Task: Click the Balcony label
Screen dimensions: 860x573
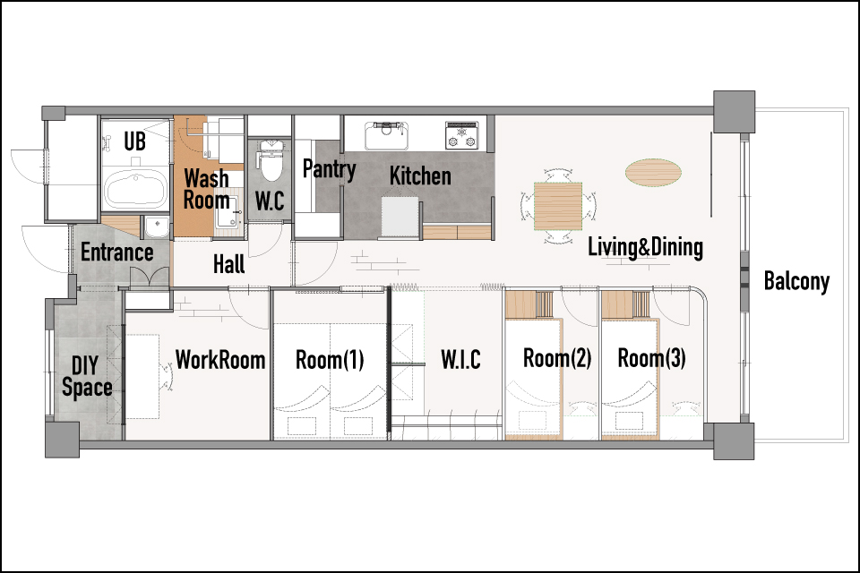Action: click(x=796, y=281)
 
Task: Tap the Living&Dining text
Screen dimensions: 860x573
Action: click(x=645, y=247)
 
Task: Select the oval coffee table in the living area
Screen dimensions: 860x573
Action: click(x=653, y=172)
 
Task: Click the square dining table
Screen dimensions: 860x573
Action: click(x=558, y=206)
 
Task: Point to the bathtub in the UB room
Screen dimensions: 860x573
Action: click(x=135, y=188)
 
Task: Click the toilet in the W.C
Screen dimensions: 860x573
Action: click(x=270, y=159)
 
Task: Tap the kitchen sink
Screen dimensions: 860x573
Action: click(x=387, y=135)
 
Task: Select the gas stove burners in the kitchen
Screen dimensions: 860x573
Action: click(x=461, y=135)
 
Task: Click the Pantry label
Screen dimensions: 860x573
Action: click(x=329, y=169)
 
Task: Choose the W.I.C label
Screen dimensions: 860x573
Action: click(x=460, y=360)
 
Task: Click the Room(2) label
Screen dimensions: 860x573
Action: click(x=557, y=358)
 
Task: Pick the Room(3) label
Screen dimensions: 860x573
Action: click(x=651, y=358)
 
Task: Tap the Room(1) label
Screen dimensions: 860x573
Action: click(x=330, y=360)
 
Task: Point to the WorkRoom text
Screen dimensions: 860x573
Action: click(x=220, y=360)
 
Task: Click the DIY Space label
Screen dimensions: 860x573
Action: click(x=87, y=376)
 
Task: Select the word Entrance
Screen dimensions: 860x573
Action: click(x=117, y=252)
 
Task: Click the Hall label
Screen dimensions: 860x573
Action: click(x=228, y=264)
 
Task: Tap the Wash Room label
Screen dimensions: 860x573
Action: click(x=206, y=189)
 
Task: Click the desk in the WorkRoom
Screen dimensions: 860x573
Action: click(x=142, y=377)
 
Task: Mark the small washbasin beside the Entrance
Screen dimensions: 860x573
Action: click(x=158, y=227)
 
